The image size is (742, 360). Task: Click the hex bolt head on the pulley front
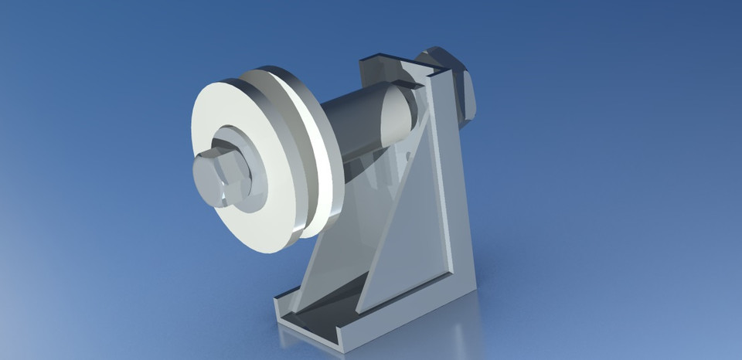[x=218, y=177]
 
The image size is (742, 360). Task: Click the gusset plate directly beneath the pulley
[x=332, y=247]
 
